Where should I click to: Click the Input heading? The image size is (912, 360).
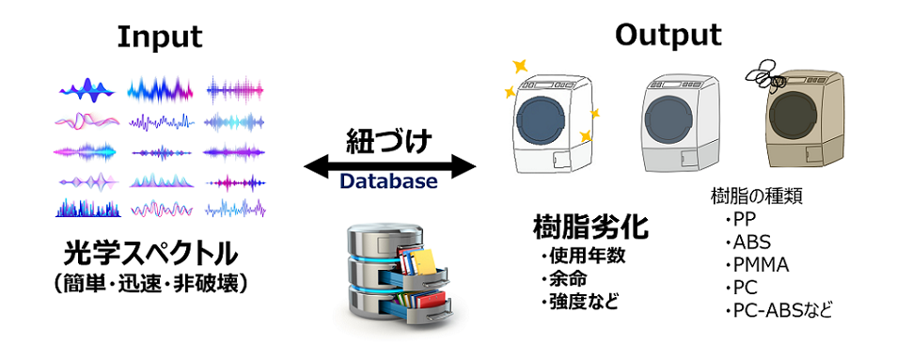pyautogui.click(x=159, y=37)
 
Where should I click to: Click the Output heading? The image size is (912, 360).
pyautogui.click(x=668, y=35)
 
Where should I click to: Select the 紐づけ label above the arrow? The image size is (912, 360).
pyautogui.click(x=389, y=142)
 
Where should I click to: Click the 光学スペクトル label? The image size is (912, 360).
pyautogui.click(x=150, y=253)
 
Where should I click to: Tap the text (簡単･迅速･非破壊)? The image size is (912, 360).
pyautogui.click(x=150, y=283)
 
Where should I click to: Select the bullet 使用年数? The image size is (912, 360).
pyautogui.click(x=588, y=256)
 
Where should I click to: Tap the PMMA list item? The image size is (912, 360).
pyautogui.click(x=760, y=265)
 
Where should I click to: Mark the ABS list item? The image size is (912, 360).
pyautogui.click(x=751, y=243)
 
